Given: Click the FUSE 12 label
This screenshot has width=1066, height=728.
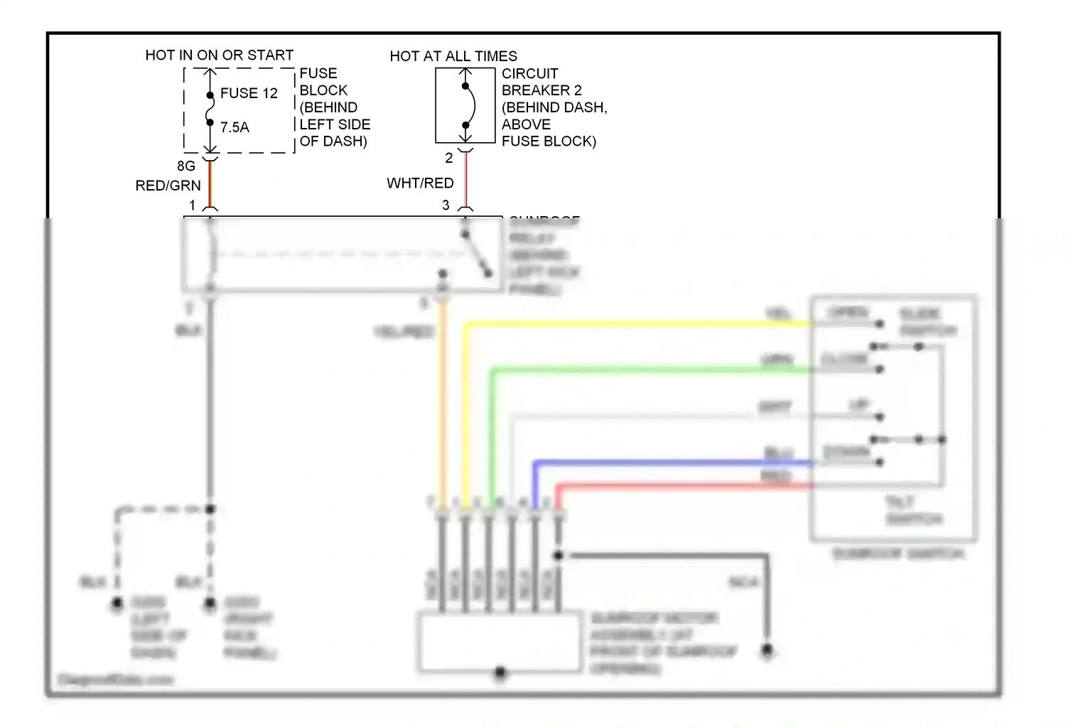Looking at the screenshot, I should click(x=249, y=93).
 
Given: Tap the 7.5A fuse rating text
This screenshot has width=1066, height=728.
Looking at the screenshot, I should click(x=235, y=127).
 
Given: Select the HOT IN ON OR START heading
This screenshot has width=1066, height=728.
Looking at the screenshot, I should click(x=219, y=55).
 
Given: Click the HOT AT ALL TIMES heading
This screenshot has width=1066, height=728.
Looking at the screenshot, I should click(x=453, y=55).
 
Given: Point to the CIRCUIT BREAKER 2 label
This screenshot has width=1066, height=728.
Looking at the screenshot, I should click(x=541, y=82).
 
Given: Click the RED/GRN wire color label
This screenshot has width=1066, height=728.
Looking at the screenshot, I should click(x=168, y=186).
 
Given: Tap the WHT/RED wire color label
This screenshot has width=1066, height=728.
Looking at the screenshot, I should click(x=420, y=183).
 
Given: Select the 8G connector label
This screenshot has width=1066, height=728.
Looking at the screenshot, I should click(x=186, y=166).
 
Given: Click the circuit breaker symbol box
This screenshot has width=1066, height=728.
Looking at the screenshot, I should click(x=465, y=105).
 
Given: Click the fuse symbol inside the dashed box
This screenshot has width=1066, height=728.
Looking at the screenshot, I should click(x=210, y=109).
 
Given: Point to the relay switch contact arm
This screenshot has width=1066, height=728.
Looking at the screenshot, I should click(x=475, y=254).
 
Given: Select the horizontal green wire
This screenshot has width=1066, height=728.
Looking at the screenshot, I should click(x=640, y=370).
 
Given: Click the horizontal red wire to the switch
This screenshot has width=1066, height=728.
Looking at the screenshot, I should click(x=682, y=486).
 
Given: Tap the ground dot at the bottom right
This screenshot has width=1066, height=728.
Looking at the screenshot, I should click(x=767, y=650).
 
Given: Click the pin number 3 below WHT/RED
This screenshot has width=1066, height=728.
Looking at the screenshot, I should click(x=446, y=205).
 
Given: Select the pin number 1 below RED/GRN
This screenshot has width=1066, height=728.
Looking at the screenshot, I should click(x=192, y=205).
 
